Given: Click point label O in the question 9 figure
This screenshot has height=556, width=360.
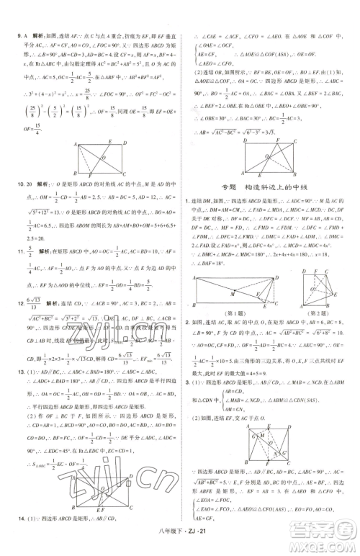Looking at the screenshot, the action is click(x=104, y=156).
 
